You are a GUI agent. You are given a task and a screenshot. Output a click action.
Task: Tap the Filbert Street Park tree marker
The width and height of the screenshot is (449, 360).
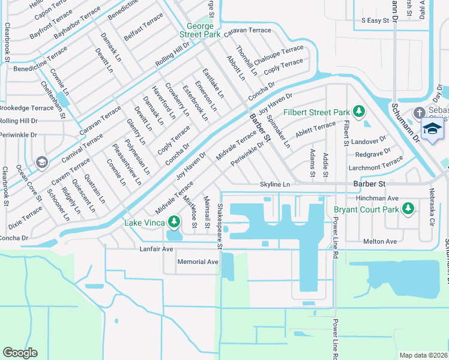359,112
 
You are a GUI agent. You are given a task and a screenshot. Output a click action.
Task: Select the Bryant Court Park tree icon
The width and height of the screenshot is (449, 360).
409,209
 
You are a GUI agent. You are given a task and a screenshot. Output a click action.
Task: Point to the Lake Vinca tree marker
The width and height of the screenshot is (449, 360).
174,223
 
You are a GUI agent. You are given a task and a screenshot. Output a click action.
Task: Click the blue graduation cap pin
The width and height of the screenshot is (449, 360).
432,129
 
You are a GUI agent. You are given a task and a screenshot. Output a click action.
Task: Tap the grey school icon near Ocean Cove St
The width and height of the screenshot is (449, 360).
41,162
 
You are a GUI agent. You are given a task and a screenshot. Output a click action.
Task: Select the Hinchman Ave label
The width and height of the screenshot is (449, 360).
376,198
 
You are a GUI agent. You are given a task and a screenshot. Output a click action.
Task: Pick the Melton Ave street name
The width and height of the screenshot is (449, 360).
380,241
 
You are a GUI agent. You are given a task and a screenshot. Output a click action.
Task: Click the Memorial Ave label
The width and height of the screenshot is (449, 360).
198,262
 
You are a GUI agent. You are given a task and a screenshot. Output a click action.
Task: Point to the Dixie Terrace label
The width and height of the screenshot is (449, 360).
25,218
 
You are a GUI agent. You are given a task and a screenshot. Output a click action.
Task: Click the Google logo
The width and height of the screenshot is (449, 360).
20,353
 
